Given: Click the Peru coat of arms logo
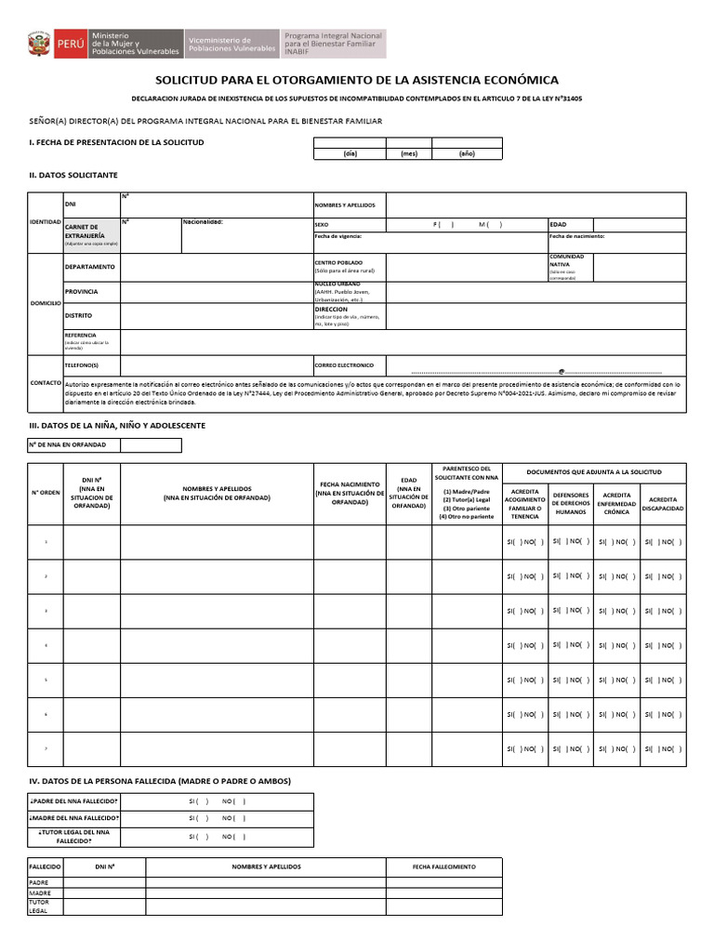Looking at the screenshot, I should coord(39,44).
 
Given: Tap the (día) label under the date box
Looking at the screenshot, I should coord(350,153).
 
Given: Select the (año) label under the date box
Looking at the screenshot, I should coord(467,153).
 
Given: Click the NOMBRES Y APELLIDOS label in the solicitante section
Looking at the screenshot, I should coord(345,205).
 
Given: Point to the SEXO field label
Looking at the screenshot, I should coord(322,224).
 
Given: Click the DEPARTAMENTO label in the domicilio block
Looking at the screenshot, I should coord(89,267).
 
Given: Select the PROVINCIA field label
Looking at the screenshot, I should coord(81,292).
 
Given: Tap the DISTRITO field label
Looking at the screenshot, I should coord(78,316).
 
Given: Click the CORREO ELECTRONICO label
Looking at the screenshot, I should coord(344,365).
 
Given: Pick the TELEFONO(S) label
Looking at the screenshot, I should coord(81,365).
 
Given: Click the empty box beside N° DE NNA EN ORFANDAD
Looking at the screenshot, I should coord(151,444).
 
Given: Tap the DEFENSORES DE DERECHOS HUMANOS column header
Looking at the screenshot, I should coord(571,503).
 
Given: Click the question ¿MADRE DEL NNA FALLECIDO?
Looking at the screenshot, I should coord(74,817).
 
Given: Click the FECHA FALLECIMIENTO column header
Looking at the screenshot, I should coord(444,866).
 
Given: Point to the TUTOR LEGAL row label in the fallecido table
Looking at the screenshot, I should coord(39,906).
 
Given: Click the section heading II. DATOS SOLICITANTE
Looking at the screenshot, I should coord(73,175).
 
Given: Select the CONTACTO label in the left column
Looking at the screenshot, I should coord(45,382).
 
